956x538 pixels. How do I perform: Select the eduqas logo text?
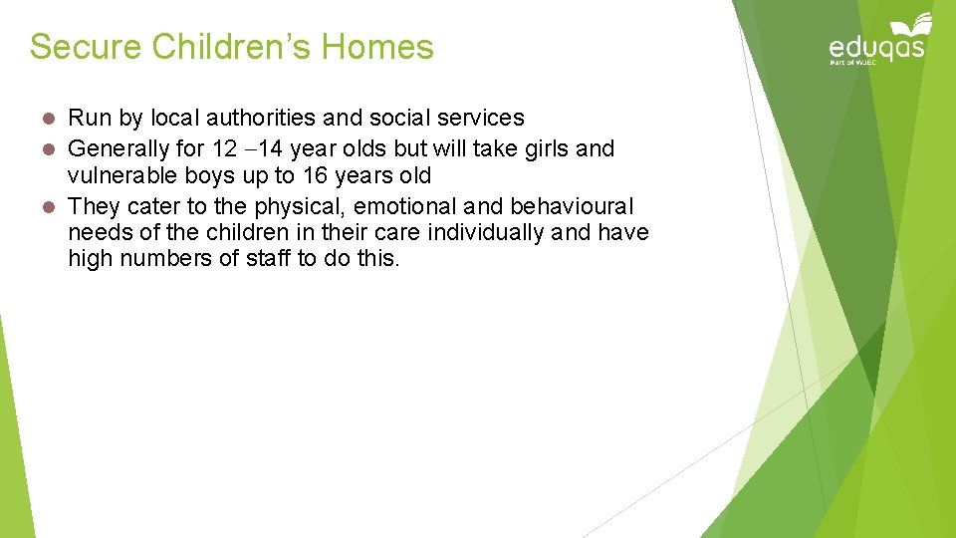(x=876, y=47)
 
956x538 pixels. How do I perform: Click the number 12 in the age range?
(x=225, y=148)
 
